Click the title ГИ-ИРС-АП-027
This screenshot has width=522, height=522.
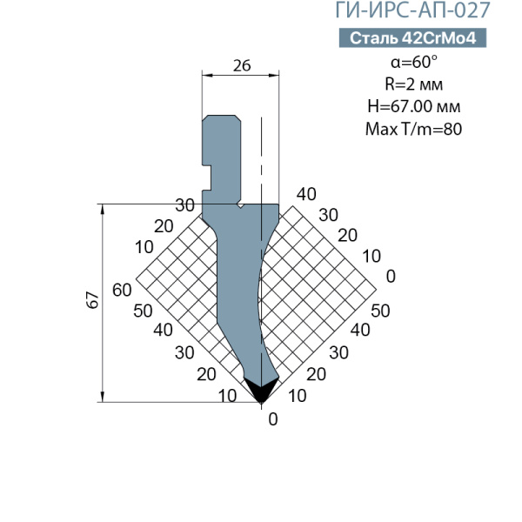(x=412, y=10)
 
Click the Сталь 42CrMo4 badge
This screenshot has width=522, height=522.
(x=412, y=38)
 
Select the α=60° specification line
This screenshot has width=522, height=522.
(x=414, y=62)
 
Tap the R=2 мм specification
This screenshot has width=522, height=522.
(x=414, y=84)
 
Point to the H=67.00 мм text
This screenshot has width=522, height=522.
(x=414, y=106)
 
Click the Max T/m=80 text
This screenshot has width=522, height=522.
(x=414, y=129)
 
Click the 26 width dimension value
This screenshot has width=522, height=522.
(x=242, y=65)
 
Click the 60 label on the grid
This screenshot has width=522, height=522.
(x=122, y=290)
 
